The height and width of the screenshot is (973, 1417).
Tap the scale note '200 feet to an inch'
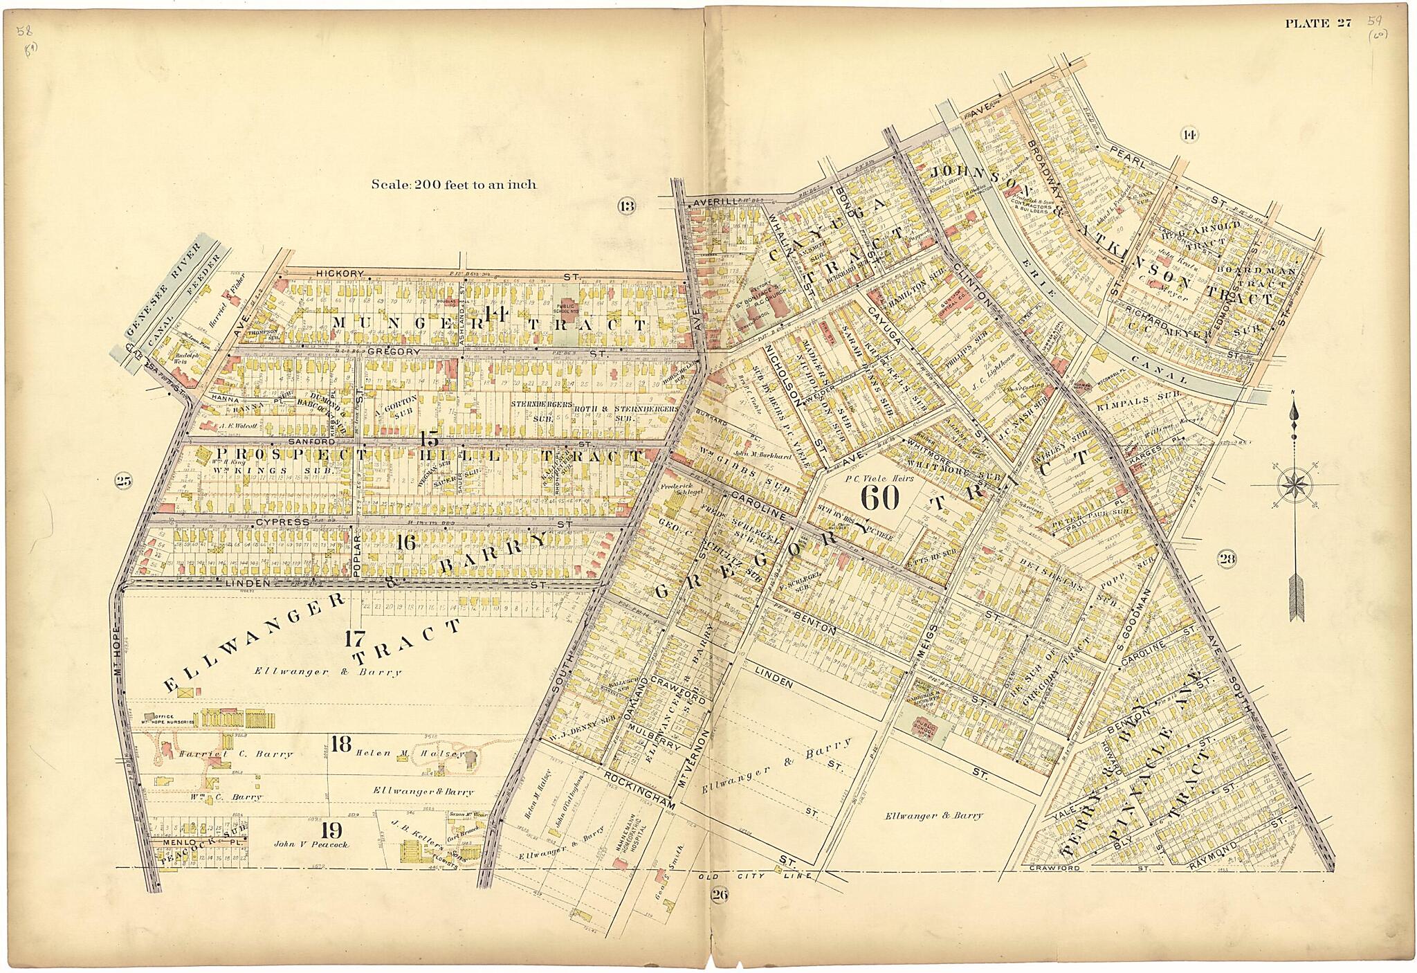453,185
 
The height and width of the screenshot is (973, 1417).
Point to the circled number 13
627,206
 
